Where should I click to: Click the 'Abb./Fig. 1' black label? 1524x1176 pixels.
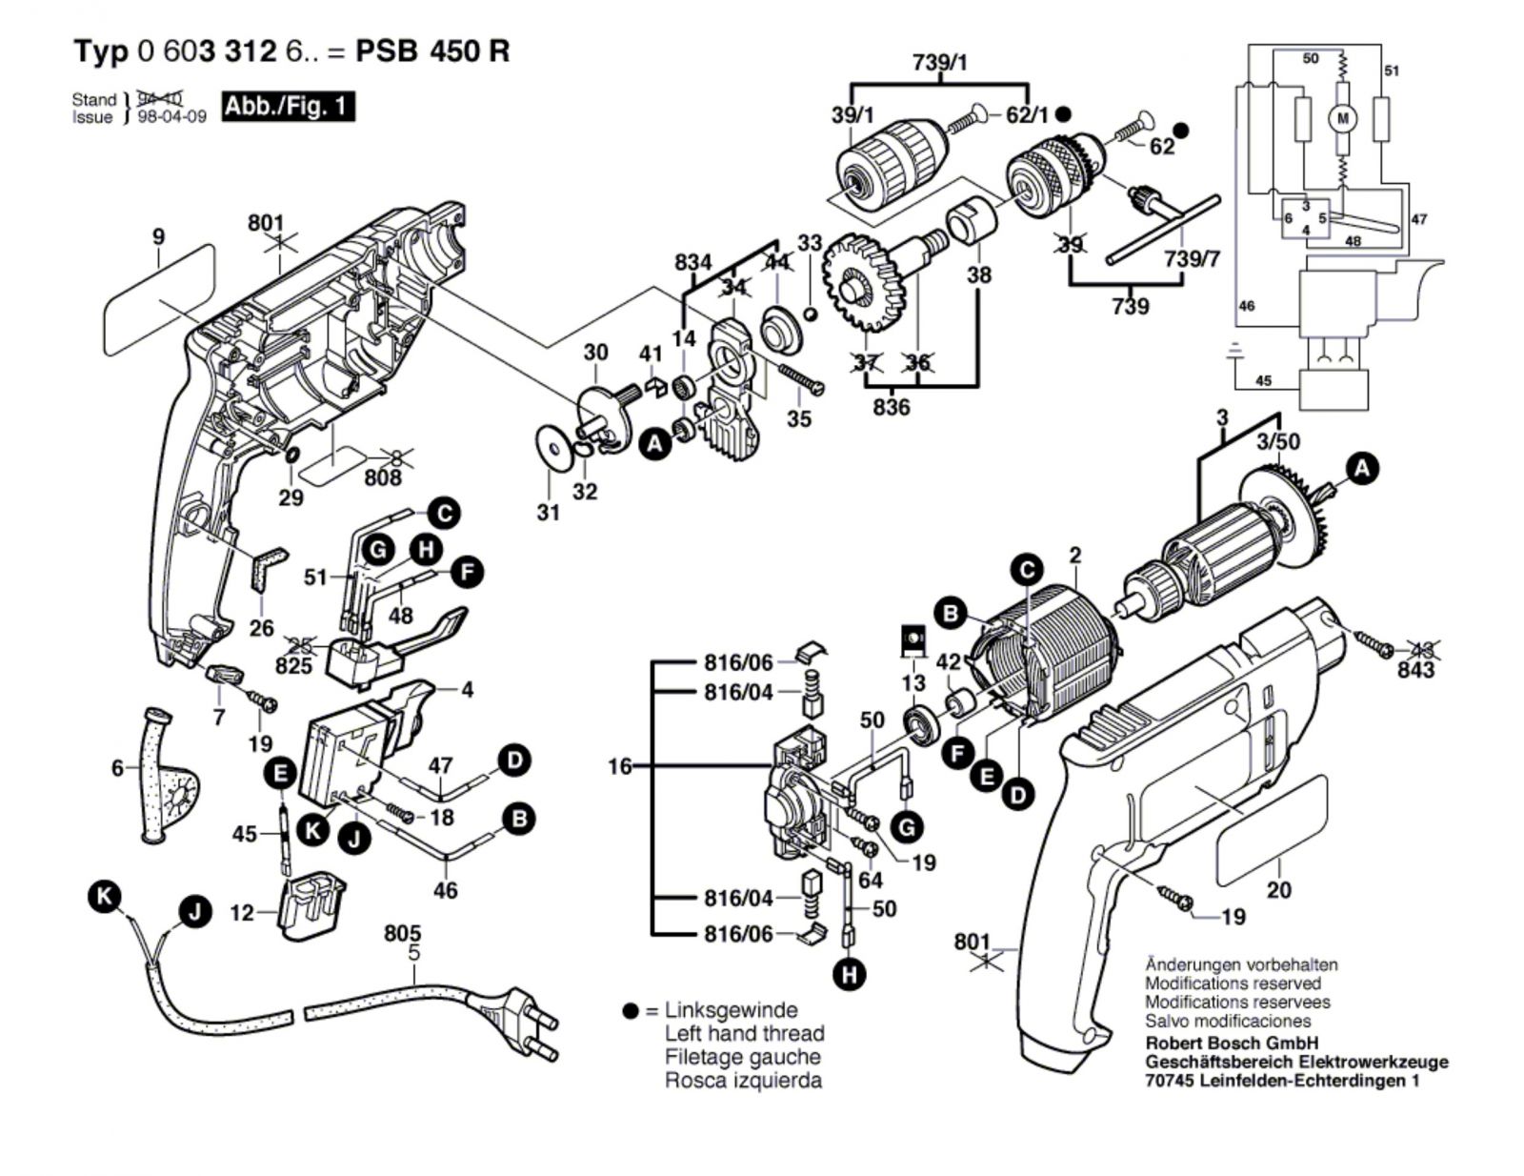click(287, 106)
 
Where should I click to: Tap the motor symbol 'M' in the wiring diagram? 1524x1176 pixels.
click(1344, 118)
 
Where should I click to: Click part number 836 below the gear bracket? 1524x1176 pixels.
click(891, 407)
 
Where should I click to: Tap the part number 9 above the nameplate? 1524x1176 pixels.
click(158, 236)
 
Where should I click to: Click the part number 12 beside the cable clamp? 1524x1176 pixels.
click(243, 913)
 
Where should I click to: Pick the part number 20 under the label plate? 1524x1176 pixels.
click(1278, 890)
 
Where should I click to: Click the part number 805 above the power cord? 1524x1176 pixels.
click(403, 934)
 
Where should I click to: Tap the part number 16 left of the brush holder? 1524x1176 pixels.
click(620, 765)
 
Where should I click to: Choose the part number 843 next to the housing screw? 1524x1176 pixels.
click(1416, 671)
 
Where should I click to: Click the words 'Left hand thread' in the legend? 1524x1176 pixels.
click(744, 1033)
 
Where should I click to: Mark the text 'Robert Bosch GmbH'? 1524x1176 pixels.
click(1232, 1043)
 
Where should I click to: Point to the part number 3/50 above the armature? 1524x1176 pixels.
click(1277, 441)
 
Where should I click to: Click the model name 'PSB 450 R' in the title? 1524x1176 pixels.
click(432, 51)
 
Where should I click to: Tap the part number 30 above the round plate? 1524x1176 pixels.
click(595, 352)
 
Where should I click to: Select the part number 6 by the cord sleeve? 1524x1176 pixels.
click(117, 767)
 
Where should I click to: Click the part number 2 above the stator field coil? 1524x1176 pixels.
click(1075, 555)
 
